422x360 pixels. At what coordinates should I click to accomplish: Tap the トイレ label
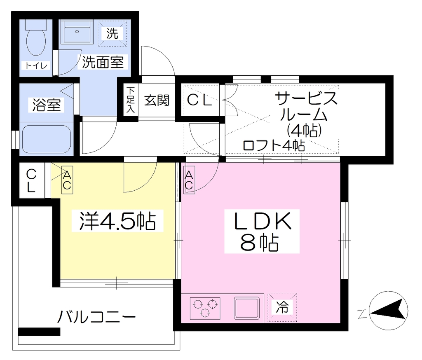[36, 65]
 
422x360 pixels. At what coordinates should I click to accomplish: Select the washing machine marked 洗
[112, 33]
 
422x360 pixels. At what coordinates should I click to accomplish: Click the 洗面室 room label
[103, 62]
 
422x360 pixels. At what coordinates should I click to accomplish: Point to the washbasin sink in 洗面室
[77, 32]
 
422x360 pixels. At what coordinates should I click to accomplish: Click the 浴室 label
[47, 105]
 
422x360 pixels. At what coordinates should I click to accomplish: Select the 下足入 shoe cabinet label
[131, 99]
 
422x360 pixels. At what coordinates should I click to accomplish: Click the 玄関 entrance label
[157, 101]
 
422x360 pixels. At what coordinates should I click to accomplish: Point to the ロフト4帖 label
[274, 145]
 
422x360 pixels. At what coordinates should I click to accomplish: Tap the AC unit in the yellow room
[67, 180]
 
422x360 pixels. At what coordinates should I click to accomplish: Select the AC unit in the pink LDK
[189, 180]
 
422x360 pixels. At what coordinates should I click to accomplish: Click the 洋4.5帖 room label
[117, 221]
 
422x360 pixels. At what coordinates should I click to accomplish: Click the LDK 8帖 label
[262, 231]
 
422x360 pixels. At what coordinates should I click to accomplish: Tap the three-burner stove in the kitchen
[205, 309]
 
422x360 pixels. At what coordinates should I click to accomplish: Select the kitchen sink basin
[247, 308]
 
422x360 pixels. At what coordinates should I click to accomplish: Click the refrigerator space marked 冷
[282, 307]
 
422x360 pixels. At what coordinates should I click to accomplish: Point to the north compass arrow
[389, 311]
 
